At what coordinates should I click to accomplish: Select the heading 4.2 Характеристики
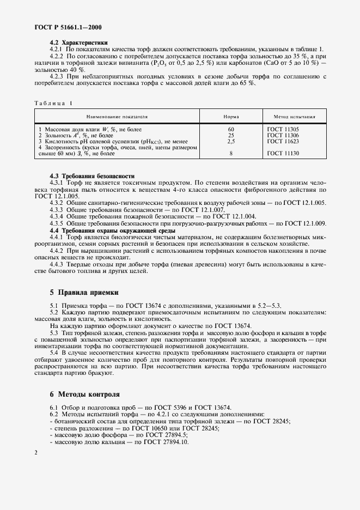pyautogui.click(x=78, y=42)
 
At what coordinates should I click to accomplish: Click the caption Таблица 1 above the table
pyautogui.click(x=53, y=103)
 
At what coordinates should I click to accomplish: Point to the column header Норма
pyautogui.click(x=231, y=117)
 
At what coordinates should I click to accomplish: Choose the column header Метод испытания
pyautogui.click(x=295, y=117)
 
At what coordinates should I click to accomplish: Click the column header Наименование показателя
pyautogui.click(x=117, y=117)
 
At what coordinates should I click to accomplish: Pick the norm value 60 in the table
pyautogui.click(x=231, y=129)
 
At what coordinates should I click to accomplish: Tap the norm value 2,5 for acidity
pyautogui.click(x=231, y=141)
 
